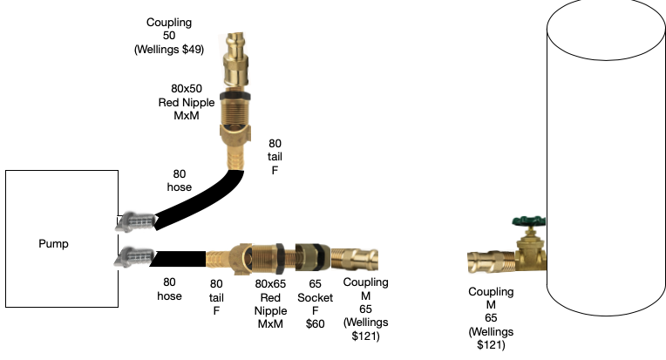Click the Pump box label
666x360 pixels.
(53, 243)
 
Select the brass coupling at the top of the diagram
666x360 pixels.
(235, 60)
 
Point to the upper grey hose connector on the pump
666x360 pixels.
(134, 223)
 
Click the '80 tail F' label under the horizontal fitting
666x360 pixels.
(218, 297)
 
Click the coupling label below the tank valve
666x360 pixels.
(491, 317)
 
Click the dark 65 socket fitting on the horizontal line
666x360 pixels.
(311, 256)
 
